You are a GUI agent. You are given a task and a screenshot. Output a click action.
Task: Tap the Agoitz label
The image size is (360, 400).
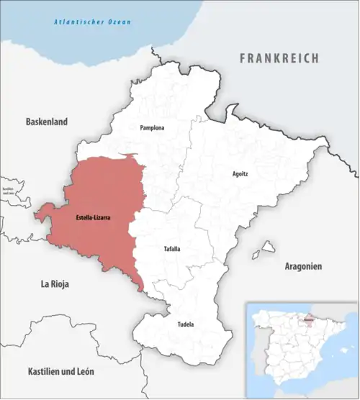[x=241, y=173]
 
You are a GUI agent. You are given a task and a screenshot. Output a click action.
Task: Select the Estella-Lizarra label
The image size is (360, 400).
[x=93, y=217]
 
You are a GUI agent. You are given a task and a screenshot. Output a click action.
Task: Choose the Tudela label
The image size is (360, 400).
[x=185, y=324]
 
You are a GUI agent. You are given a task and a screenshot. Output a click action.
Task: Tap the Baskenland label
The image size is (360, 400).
[x=46, y=122]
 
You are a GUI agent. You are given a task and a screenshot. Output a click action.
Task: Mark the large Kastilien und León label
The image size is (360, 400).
[x=60, y=371]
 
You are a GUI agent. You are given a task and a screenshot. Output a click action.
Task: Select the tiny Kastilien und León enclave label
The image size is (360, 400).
[x=9, y=191]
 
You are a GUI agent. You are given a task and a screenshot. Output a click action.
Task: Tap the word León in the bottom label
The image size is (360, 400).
[x=84, y=371]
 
